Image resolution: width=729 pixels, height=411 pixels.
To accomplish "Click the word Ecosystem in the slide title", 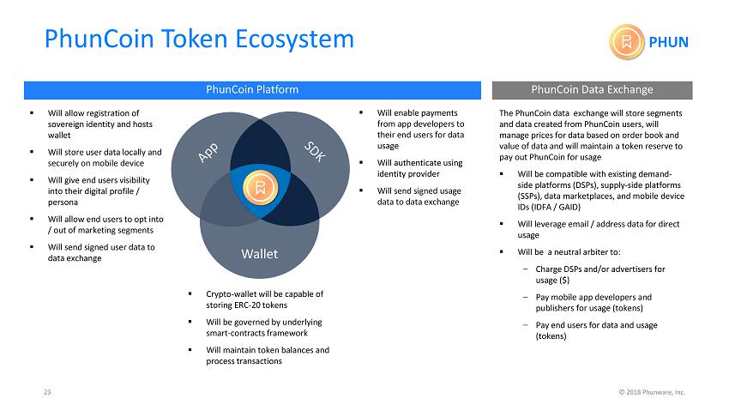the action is point(295,39).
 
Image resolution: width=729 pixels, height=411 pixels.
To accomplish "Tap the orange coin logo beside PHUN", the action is point(627,42).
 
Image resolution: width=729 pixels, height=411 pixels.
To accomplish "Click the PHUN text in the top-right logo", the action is point(668,42).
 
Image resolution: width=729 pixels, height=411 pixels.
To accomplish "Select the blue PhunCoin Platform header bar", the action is point(252,90).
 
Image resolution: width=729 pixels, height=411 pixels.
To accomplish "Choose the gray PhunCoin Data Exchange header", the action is point(593,90).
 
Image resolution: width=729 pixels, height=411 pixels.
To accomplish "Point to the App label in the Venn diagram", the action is point(208,153).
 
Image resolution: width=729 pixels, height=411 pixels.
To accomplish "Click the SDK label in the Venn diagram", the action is point(315,152).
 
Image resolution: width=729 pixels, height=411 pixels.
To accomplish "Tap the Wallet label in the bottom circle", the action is point(259,254).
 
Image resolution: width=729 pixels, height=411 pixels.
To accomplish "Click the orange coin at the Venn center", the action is point(261,187).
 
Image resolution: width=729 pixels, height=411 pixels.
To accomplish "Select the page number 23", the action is point(47,392).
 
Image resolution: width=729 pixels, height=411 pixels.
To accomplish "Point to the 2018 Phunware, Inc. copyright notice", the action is point(652,392).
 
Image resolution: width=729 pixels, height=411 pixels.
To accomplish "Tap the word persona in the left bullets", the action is point(63,202).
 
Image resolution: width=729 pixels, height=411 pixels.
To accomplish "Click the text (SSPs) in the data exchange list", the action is point(529,196).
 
